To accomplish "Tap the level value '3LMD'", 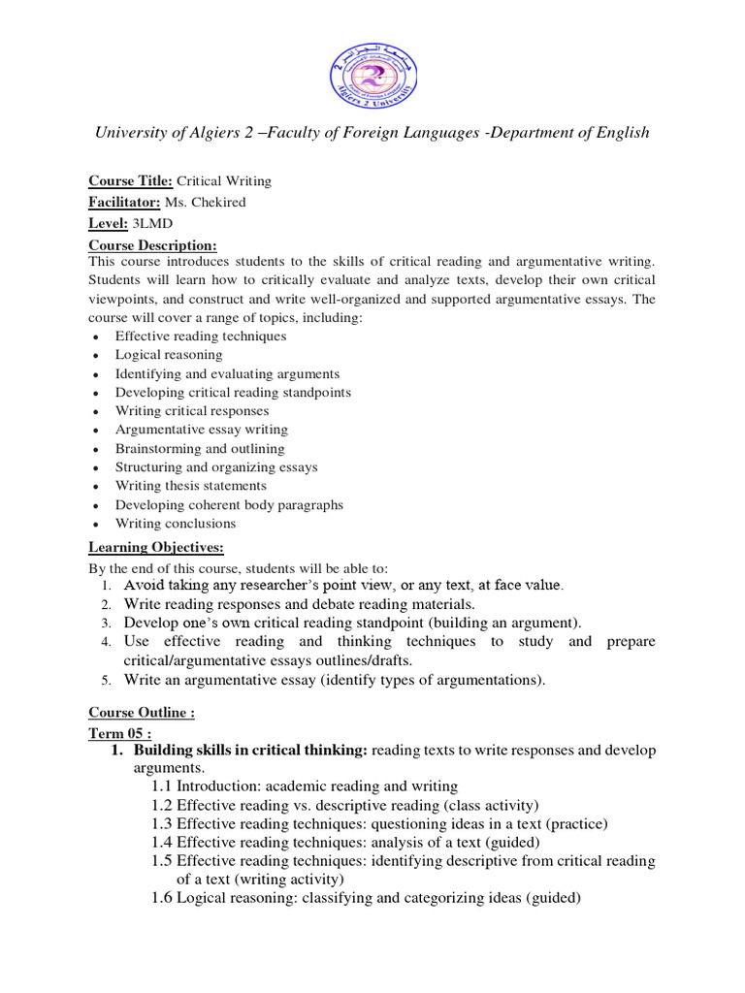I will point(150,223).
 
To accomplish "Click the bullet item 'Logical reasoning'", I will point(169,355).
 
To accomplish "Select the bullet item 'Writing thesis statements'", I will point(190,486).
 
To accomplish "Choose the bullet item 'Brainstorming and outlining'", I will point(200,449).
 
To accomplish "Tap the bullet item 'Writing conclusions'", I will point(176,524).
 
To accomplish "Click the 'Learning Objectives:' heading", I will point(156,548).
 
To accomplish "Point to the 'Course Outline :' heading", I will point(142,714).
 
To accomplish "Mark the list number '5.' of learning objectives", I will point(107,680).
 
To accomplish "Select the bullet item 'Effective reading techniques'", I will point(201,336).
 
